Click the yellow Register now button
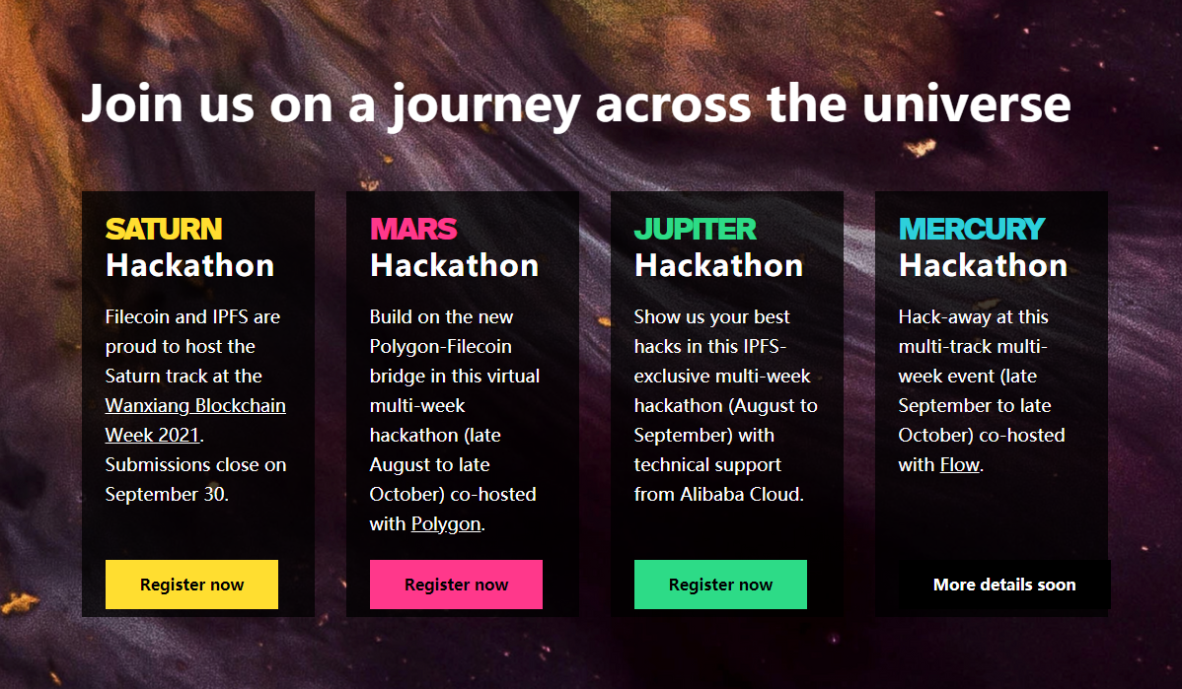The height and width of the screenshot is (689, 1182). click(x=191, y=585)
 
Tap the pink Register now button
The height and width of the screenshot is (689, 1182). click(x=456, y=585)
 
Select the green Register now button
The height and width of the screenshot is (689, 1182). click(x=720, y=585)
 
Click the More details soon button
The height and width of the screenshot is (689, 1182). click(x=1004, y=585)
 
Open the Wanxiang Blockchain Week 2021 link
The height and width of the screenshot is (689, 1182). click(x=195, y=420)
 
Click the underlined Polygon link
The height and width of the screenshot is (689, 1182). click(x=446, y=524)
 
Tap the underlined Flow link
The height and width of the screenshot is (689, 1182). click(x=960, y=464)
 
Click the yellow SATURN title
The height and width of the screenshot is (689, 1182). click(x=164, y=229)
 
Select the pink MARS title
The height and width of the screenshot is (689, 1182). click(x=413, y=229)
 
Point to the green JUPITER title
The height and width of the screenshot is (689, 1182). click(x=695, y=229)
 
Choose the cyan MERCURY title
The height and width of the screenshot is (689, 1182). click(x=972, y=229)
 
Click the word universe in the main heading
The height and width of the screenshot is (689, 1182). click(x=966, y=103)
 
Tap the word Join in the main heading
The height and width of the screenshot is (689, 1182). click(x=132, y=103)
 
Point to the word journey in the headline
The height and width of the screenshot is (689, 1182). click(x=485, y=106)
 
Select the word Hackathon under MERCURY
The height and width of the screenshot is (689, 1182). click(x=983, y=266)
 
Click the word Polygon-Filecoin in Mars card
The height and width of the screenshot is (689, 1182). click(x=440, y=346)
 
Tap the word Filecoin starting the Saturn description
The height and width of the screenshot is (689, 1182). click(x=137, y=317)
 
